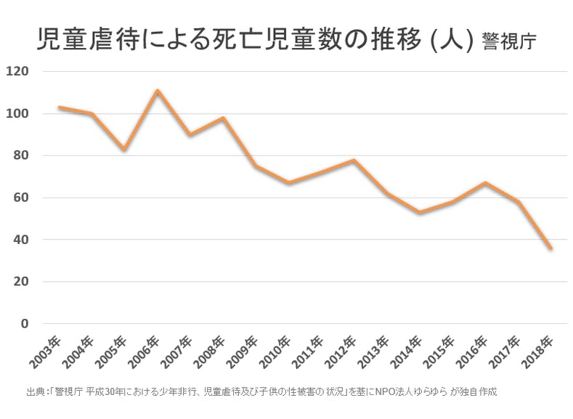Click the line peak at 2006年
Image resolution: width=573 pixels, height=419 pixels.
click(157, 91)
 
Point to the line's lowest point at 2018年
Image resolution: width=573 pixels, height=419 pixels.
click(551, 248)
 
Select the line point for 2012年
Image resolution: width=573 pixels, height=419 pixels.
click(354, 160)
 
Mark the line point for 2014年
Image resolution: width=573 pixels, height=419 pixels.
click(420, 212)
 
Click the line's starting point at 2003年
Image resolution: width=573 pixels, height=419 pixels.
click(59, 107)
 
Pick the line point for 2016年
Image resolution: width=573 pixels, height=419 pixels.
click(485, 183)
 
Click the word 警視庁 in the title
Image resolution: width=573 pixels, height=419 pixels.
click(509, 41)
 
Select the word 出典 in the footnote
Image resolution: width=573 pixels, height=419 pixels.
click(35, 392)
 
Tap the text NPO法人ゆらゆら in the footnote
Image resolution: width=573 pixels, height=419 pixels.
click(403, 392)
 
